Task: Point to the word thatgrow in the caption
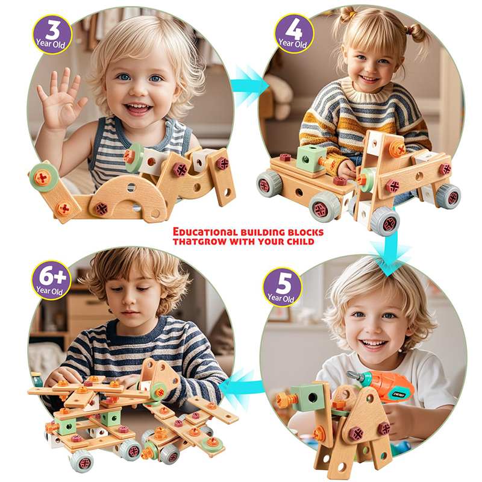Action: [x=196, y=242]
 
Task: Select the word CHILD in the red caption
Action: [x=298, y=242]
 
